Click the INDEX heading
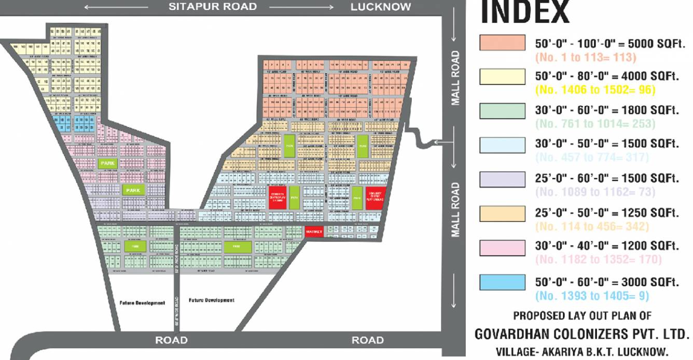(x=524, y=12)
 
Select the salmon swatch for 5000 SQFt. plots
(x=502, y=43)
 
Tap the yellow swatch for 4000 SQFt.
(x=502, y=76)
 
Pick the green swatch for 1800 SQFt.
(x=502, y=110)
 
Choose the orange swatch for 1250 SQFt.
(x=502, y=213)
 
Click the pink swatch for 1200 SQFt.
(x=502, y=247)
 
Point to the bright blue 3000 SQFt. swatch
(x=502, y=282)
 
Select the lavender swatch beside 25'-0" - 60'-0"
(x=502, y=179)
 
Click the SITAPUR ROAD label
(x=212, y=7)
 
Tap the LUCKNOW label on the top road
(x=381, y=7)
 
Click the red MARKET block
(x=314, y=231)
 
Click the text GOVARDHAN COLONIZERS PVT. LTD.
(x=582, y=334)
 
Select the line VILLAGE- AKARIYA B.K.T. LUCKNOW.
(x=582, y=352)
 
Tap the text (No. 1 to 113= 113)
(x=586, y=57)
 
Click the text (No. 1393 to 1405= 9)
(x=592, y=296)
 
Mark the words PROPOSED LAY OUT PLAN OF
(x=582, y=315)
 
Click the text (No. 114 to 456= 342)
(x=592, y=227)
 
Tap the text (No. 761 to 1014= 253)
(x=595, y=123)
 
